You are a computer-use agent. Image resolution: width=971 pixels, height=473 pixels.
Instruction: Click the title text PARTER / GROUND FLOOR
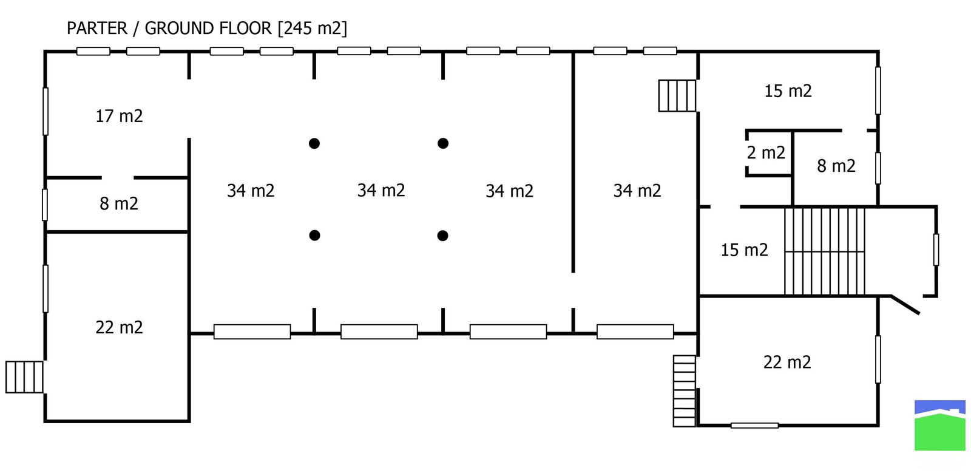(x=169, y=29)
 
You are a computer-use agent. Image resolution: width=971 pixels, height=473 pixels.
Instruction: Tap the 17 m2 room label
(x=119, y=116)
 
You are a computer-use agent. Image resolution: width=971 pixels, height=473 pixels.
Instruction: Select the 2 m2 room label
(x=766, y=152)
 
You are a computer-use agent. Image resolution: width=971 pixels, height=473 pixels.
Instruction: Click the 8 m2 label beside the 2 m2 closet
(x=836, y=166)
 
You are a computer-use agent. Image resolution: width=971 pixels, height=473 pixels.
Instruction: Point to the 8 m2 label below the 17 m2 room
(x=119, y=203)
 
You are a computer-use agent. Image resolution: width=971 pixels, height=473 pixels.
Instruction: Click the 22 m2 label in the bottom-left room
(x=119, y=327)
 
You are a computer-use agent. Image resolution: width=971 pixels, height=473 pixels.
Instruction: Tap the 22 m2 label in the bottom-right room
(x=787, y=362)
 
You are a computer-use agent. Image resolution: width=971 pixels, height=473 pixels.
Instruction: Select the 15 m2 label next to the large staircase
(x=744, y=250)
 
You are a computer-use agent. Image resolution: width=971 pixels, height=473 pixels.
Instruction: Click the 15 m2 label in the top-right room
(x=788, y=91)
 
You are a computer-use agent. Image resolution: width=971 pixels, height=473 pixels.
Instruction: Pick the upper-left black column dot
(x=314, y=143)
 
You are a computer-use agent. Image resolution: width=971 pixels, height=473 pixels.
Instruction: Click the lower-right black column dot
(x=443, y=236)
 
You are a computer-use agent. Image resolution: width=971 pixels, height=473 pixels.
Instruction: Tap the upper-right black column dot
(x=443, y=143)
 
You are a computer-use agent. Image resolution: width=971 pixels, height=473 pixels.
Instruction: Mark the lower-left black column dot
(x=314, y=236)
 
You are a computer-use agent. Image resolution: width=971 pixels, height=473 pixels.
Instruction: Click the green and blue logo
(x=940, y=425)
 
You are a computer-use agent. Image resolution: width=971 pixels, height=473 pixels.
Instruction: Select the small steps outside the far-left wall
(x=25, y=377)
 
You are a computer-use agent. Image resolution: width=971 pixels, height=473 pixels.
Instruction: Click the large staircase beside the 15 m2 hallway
(x=825, y=251)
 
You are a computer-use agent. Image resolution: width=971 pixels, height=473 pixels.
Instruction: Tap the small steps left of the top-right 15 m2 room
(x=677, y=95)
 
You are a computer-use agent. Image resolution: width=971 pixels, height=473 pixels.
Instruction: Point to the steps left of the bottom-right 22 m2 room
(x=685, y=391)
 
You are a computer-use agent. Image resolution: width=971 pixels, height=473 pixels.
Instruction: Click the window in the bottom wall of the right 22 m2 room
(x=754, y=426)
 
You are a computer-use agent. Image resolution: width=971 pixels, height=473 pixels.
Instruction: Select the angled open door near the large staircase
(x=905, y=305)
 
